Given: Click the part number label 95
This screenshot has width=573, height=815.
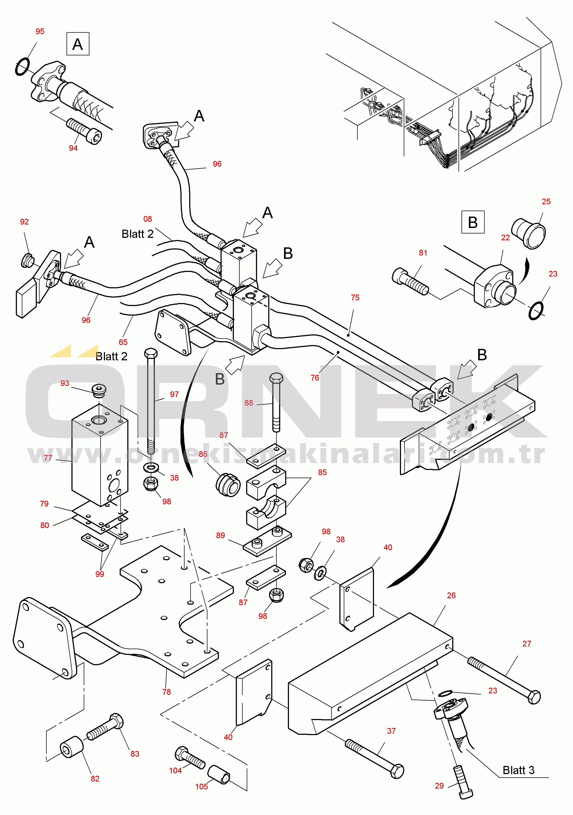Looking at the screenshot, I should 40,31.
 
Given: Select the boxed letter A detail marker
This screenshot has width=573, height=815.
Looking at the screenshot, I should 78,44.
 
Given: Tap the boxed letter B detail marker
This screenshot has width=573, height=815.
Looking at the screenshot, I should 473,222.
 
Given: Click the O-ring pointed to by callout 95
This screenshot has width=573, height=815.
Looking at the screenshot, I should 22,67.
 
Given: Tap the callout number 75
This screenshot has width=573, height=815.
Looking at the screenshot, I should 355,298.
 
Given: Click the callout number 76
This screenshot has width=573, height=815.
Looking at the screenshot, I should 315,378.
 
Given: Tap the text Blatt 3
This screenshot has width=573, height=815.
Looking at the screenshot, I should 518,770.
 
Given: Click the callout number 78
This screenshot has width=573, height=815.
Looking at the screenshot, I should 166,692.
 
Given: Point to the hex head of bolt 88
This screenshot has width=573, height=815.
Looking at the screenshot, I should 276,378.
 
